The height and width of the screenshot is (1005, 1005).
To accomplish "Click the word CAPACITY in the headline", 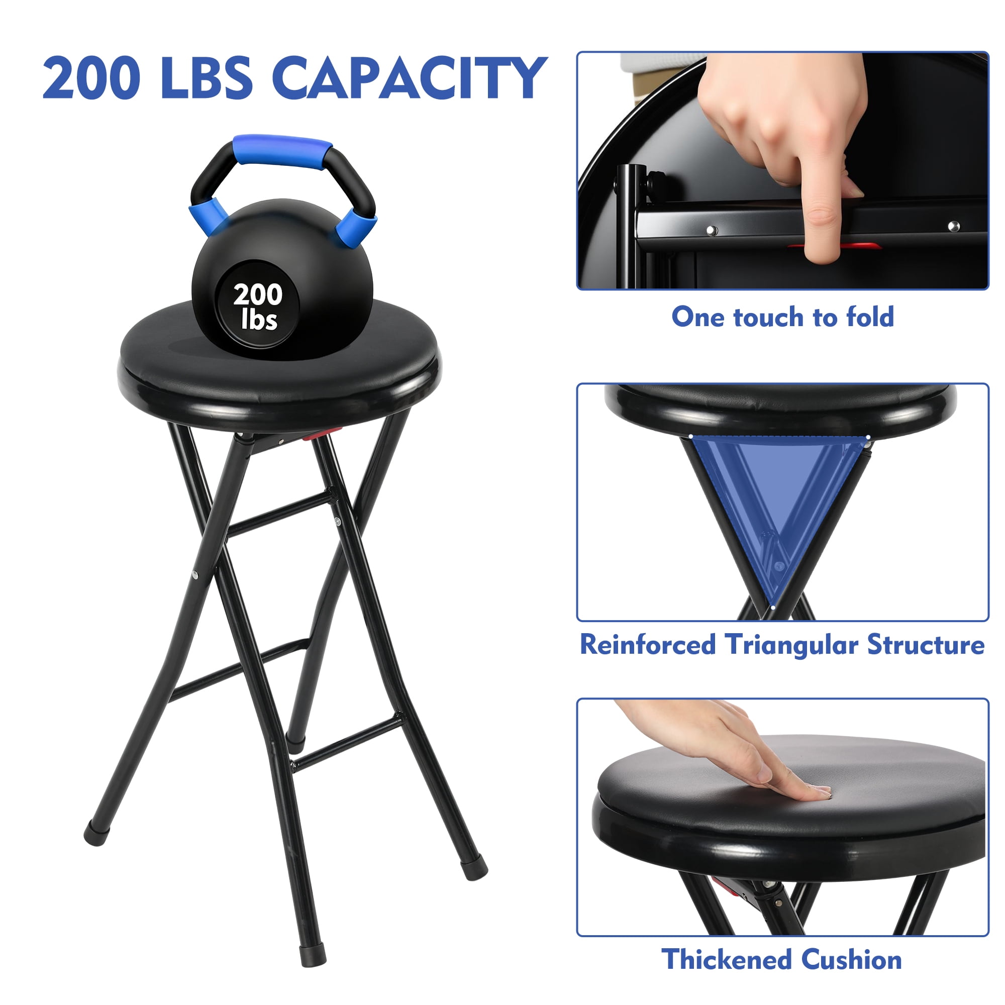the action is (x=410, y=77).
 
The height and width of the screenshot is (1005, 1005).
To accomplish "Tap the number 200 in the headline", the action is (x=91, y=77).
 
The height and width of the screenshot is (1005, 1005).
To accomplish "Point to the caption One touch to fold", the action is (x=782, y=317).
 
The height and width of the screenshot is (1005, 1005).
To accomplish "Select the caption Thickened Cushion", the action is (x=782, y=959).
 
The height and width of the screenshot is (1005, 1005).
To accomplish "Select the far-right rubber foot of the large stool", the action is (x=474, y=868).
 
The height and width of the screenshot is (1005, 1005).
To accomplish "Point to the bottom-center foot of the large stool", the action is (x=313, y=956).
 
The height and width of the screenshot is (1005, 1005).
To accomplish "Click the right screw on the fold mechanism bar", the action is (x=954, y=226).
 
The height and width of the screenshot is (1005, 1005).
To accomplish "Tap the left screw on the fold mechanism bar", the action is (x=712, y=230).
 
